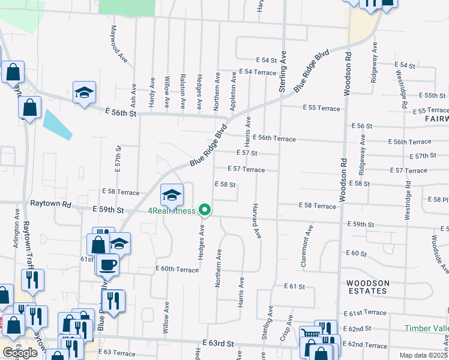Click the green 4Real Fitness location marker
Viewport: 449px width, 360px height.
[x=205, y=210]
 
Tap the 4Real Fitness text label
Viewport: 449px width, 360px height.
[x=172, y=211]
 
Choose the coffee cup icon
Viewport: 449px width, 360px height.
[x=108, y=263]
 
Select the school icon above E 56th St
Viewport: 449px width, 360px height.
[x=85, y=92]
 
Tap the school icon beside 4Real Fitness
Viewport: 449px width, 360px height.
[x=172, y=194]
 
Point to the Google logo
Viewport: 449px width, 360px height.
[x=20, y=353]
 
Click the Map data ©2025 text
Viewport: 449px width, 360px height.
[x=424, y=355]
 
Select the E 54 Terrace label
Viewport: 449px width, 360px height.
[x=258, y=71]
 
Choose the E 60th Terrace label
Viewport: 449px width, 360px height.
[x=176, y=269]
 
